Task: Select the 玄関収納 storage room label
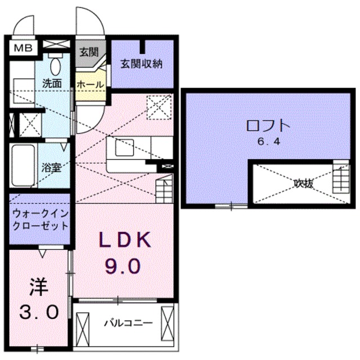tap(141, 64)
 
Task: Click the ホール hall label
tap(89, 84)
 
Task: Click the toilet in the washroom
tap(55, 66)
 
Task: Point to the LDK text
tap(125, 241)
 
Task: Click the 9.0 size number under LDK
tap(125, 265)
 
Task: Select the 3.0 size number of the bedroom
tap(38, 311)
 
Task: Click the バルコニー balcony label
tap(128, 323)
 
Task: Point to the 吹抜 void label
tap(303, 182)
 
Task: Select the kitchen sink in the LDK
tap(124, 148)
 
